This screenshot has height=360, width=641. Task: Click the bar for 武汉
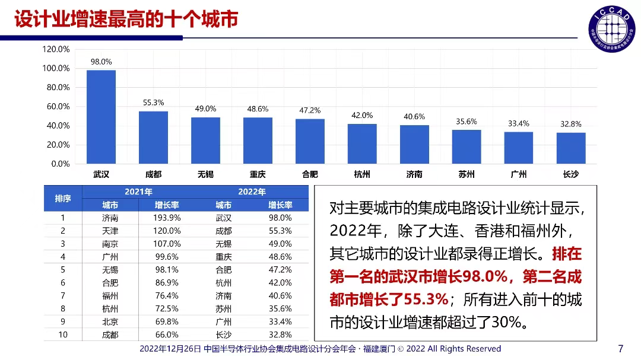point(101,117)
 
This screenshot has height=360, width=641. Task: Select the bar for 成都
point(153,137)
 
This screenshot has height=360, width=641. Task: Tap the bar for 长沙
point(571,148)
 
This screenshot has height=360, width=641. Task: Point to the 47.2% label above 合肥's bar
point(310,110)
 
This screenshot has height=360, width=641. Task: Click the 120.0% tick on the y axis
point(56,49)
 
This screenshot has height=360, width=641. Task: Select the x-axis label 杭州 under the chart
point(362,174)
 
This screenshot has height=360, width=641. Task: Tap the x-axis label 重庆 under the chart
point(258,174)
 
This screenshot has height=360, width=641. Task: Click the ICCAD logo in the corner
point(609,28)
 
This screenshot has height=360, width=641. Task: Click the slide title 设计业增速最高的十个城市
point(126,19)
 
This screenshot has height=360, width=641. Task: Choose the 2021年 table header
point(138,192)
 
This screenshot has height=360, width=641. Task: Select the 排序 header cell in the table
point(63,199)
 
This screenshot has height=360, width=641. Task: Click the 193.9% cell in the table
point(167,218)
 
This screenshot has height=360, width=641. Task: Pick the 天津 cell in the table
point(110,231)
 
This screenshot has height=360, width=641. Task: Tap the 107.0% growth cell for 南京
point(167,244)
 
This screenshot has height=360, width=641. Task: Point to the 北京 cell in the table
point(110,322)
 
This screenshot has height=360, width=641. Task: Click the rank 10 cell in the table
point(63,335)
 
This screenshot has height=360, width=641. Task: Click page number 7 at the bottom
point(621,348)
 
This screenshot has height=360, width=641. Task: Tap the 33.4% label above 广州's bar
point(519,123)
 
